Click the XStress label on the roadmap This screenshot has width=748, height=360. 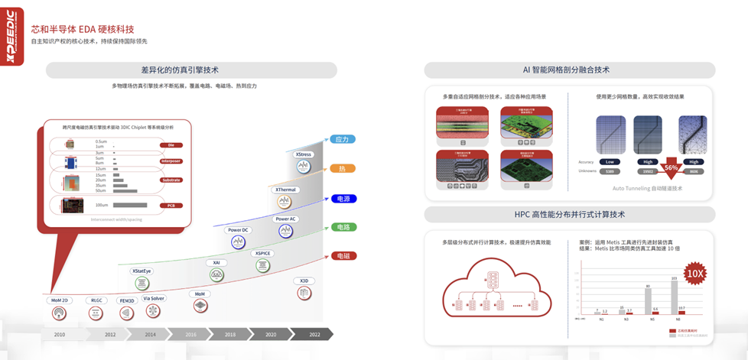304,154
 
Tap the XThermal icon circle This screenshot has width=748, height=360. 285,201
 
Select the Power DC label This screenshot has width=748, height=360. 239,230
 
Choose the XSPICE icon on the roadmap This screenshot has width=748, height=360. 263,264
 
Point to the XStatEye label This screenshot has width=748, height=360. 142,271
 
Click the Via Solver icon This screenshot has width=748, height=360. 153,311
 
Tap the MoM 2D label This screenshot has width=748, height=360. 59,300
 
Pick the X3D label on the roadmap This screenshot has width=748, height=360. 304,281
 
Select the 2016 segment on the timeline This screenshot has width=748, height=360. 190,334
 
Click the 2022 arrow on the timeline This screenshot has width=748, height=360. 314,334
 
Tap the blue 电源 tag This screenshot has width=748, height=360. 343,199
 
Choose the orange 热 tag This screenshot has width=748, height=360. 342,168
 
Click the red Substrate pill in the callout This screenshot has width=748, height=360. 171,180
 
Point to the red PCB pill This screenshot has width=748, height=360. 171,205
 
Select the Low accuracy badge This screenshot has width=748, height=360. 610,162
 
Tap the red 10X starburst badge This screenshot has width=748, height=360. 694,273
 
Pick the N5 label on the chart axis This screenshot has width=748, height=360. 652,319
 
